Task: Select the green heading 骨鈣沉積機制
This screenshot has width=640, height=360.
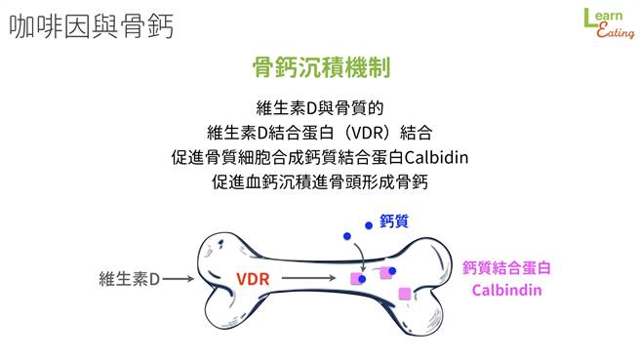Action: (x=321, y=67)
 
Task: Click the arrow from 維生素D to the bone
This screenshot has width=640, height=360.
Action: (x=179, y=279)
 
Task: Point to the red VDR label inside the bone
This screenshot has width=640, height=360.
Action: (x=254, y=279)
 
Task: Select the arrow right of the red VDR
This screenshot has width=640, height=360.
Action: (x=311, y=279)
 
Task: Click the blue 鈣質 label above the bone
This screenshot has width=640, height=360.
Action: (x=393, y=222)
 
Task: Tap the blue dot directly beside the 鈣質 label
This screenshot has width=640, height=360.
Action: (x=369, y=225)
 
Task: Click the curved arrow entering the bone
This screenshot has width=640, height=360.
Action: (x=359, y=256)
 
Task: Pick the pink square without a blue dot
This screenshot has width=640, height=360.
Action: (x=405, y=293)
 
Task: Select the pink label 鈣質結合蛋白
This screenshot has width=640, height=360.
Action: (x=507, y=267)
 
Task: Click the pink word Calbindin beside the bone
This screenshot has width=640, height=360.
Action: (x=507, y=291)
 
